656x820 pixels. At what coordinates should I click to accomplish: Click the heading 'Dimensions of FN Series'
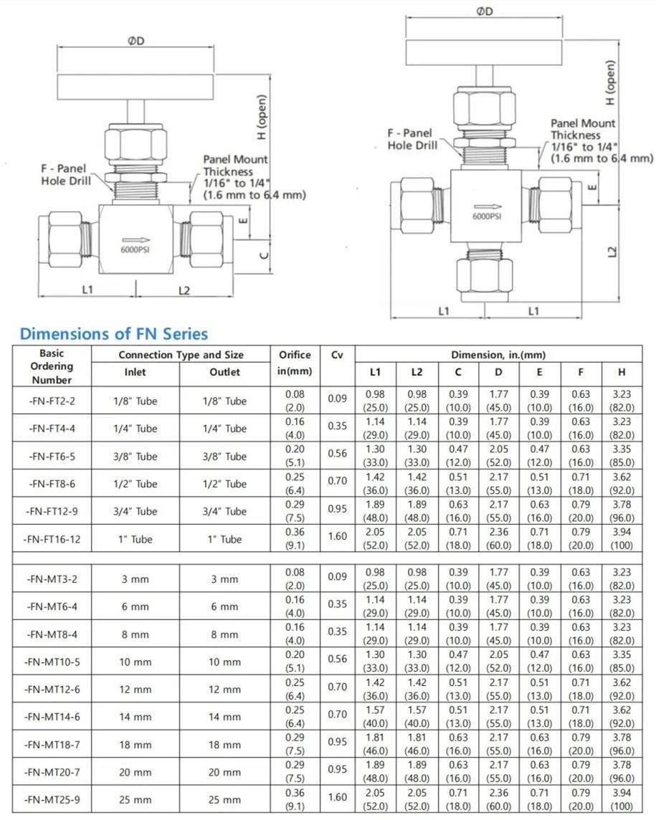click(x=114, y=333)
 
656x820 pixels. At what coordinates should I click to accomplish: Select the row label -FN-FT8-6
click(x=52, y=484)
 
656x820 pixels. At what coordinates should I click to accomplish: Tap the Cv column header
click(x=337, y=355)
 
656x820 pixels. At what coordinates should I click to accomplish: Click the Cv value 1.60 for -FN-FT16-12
click(x=337, y=538)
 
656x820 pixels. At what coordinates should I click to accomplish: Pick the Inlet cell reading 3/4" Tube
click(x=136, y=511)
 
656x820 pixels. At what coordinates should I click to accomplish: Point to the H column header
click(x=622, y=372)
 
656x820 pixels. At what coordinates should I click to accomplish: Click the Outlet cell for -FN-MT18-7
click(x=224, y=745)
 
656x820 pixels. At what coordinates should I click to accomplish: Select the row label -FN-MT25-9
click(x=52, y=799)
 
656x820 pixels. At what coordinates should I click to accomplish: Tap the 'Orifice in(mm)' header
click(x=294, y=363)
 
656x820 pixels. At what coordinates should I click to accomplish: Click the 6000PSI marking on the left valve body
click(x=136, y=249)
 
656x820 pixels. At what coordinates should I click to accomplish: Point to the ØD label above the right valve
click(x=485, y=11)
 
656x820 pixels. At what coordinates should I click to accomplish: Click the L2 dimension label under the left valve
click(x=184, y=290)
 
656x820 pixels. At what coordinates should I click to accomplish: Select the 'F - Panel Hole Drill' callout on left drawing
click(x=66, y=175)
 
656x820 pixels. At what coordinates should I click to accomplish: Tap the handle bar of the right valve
click(x=485, y=52)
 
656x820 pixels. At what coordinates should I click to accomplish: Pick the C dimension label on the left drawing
click(x=263, y=254)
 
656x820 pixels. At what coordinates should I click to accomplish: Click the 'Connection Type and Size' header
click(x=181, y=355)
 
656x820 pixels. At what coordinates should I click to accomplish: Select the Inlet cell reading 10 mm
click(x=136, y=662)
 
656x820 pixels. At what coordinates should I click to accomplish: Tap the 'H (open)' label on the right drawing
click(x=610, y=83)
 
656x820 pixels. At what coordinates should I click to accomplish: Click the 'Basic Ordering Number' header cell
click(x=52, y=366)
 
